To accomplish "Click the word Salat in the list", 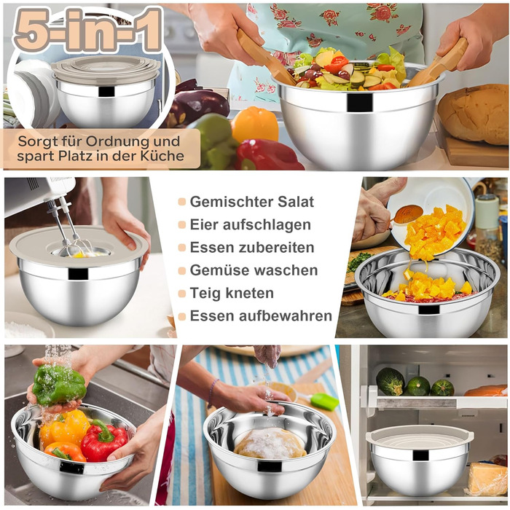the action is [295, 202].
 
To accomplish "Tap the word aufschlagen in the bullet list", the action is [267, 224].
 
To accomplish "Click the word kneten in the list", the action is [249, 293].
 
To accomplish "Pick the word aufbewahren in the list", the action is [286, 315].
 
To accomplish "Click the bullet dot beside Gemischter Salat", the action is [182, 202].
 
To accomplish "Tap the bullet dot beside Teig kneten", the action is [182, 294].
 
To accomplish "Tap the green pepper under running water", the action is [58, 385].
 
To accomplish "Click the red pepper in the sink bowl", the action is [103, 442].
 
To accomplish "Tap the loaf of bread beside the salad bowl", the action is [474, 114].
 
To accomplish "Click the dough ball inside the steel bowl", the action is [270, 443].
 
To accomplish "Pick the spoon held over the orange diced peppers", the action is [404, 215].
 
